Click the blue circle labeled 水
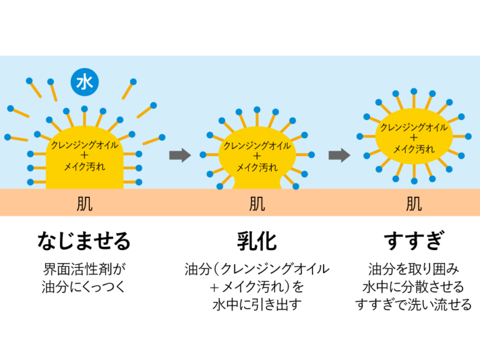tap(84, 82)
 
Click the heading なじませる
tap(84, 241)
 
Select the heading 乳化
tap(257, 241)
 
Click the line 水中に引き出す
tap(257, 306)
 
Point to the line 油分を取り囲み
tap(414, 270)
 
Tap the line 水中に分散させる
tap(414, 287)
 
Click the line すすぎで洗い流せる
tap(414, 306)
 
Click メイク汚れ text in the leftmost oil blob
tap(84, 167)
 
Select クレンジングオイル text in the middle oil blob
tap(257, 146)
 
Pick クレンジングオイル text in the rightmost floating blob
tap(414, 127)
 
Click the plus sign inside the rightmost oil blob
tap(414, 137)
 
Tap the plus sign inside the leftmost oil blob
tap(84, 156)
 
